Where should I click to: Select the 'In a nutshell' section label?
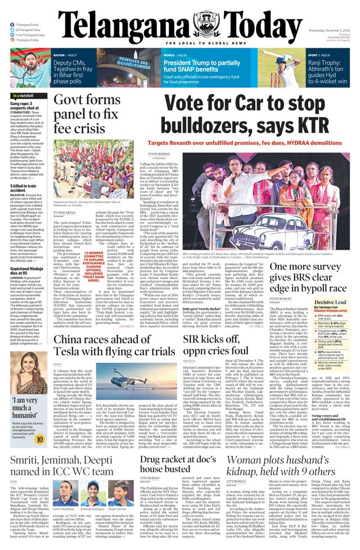pos(24,96)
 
